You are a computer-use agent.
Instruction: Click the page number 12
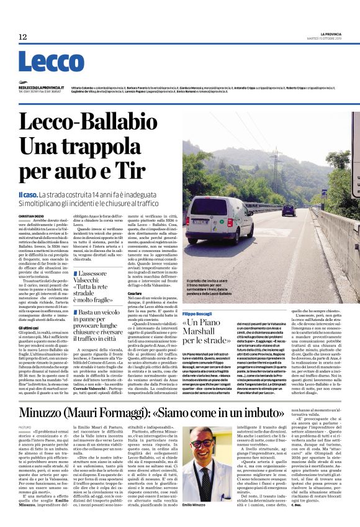(x=22, y=37)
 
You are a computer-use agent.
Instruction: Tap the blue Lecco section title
(x=42, y=62)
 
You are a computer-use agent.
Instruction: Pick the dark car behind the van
(x=289, y=210)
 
